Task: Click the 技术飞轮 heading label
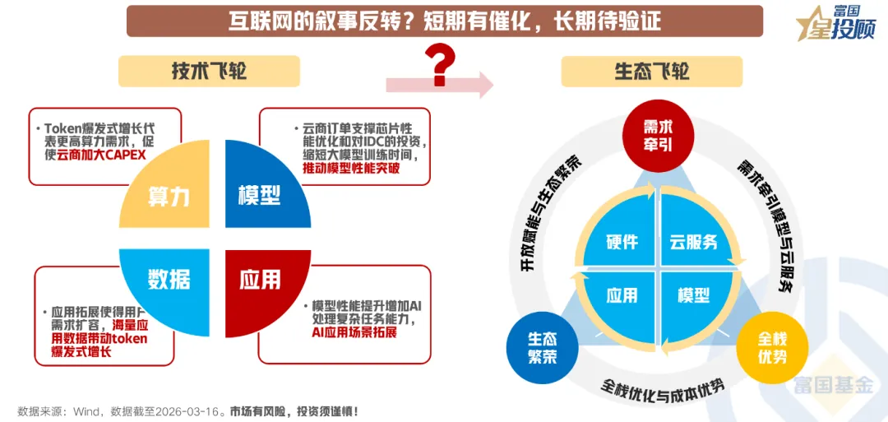pyautogui.click(x=209, y=71)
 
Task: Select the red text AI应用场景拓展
pyautogui.click(x=354, y=332)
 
